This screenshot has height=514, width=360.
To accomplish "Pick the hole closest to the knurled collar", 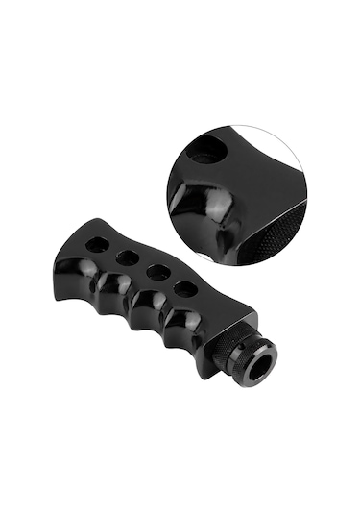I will [186, 288].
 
